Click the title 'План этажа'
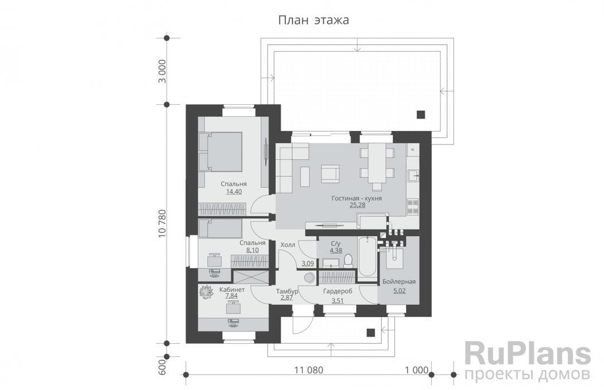click(x=314, y=20)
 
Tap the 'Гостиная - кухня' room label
click(x=357, y=198)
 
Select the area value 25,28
click(x=357, y=205)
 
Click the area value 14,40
click(x=234, y=191)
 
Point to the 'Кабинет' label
click(x=232, y=289)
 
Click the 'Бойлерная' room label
click(x=399, y=282)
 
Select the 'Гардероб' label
click(x=338, y=291)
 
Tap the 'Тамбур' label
click(x=288, y=291)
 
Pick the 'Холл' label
click(x=288, y=245)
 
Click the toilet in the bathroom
click(x=348, y=261)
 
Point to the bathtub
click(x=367, y=257)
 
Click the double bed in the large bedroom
click(x=220, y=152)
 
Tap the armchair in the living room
click(x=330, y=173)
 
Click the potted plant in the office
click(x=206, y=292)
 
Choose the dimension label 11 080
click(x=309, y=370)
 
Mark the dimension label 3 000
click(x=162, y=71)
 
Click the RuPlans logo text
click(x=528, y=354)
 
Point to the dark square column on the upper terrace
click(x=421, y=114)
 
